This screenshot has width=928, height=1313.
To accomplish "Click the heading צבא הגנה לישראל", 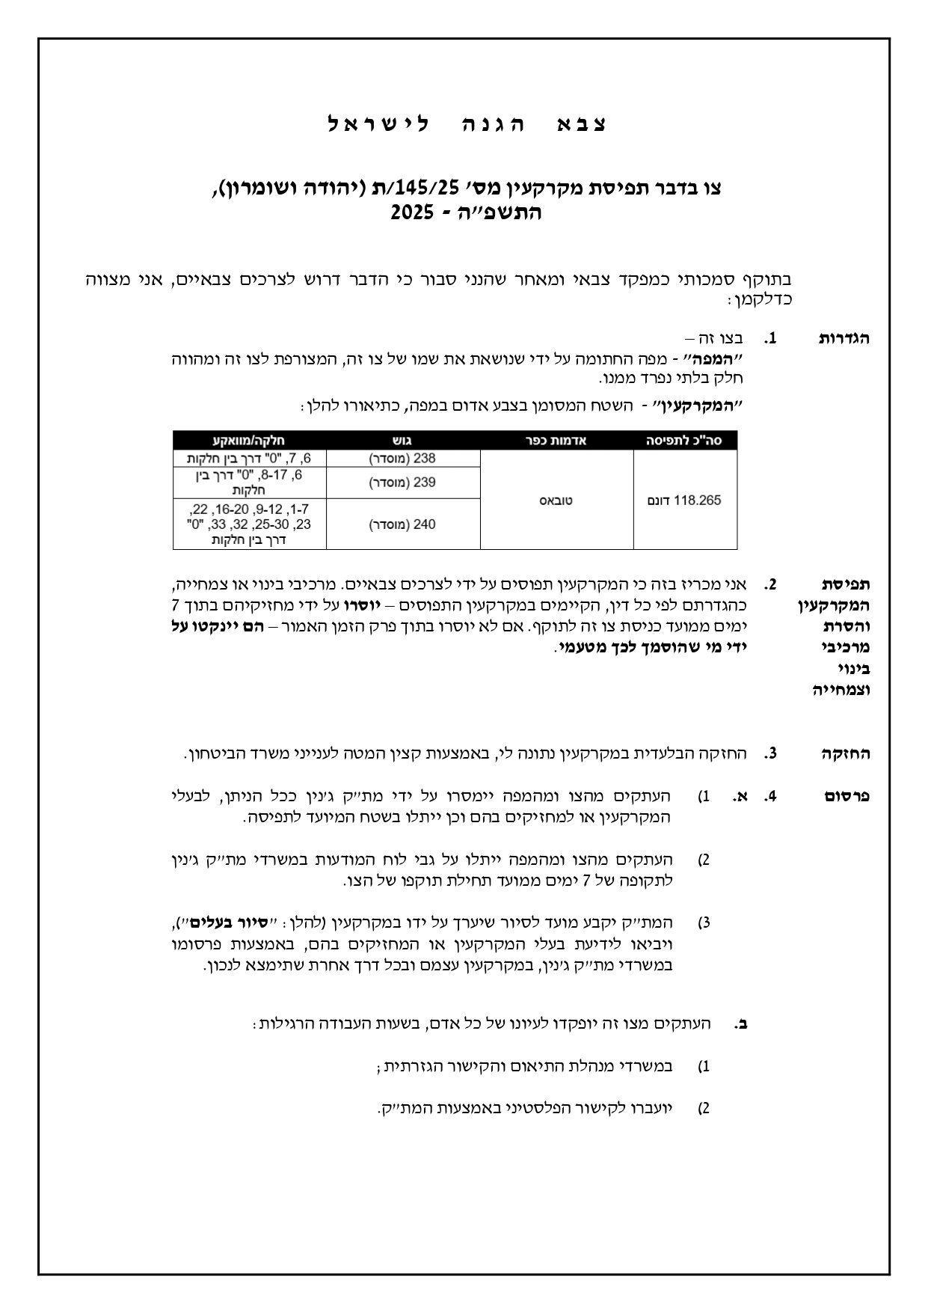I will pyautogui.click(x=468, y=124).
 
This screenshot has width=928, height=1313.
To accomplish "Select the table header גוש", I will pyautogui.click(x=402, y=441).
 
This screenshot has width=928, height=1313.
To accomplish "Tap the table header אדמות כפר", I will pyautogui.click(x=556, y=441).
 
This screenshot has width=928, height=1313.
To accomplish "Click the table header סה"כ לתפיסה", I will pyautogui.click(x=684, y=441).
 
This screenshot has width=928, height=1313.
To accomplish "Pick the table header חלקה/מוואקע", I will pyautogui.click(x=250, y=441).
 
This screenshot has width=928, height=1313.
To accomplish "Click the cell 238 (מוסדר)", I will pyautogui.click(x=402, y=458).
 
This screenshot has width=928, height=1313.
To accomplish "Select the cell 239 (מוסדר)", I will pyautogui.click(x=402, y=483).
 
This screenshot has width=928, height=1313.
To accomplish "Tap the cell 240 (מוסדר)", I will pyautogui.click(x=402, y=524).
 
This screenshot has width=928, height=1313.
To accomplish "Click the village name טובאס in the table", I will pyautogui.click(x=556, y=500).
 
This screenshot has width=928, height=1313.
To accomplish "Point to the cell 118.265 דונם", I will pyautogui.click(x=684, y=500).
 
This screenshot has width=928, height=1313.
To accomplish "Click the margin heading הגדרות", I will pyautogui.click(x=844, y=338).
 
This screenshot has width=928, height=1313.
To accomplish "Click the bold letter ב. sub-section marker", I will pyautogui.click(x=741, y=1023).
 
